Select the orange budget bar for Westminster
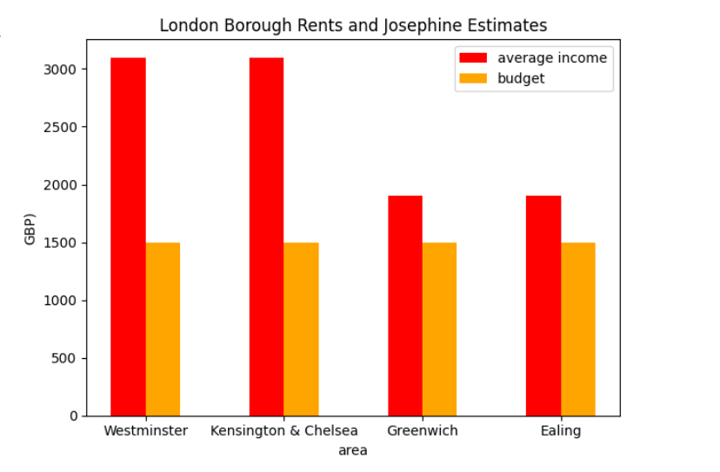point(163,329)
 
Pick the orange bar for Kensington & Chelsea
point(301,329)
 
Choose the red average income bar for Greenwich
point(405,305)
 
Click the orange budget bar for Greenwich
point(439,329)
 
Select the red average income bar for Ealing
point(543,305)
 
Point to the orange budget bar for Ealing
point(578,329)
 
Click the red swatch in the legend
point(474,58)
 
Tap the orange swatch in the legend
point(474,78)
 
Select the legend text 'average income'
point(552,58)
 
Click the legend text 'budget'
point(521,78)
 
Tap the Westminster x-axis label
point(145,431)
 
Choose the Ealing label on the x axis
point(561,431)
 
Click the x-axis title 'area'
point(353,450)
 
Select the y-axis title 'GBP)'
point(30,229)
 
